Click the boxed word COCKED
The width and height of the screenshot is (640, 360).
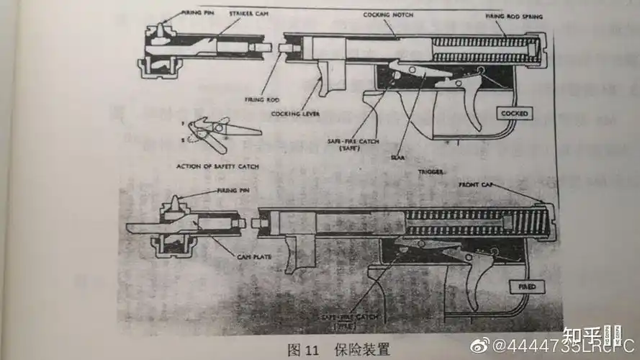[x=514, y=114]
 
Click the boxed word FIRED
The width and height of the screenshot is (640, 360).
[x=527, y=287]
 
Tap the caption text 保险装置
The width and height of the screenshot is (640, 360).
[x=361, y=350]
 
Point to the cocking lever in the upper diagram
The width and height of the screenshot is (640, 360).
[x=331, y=79]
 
